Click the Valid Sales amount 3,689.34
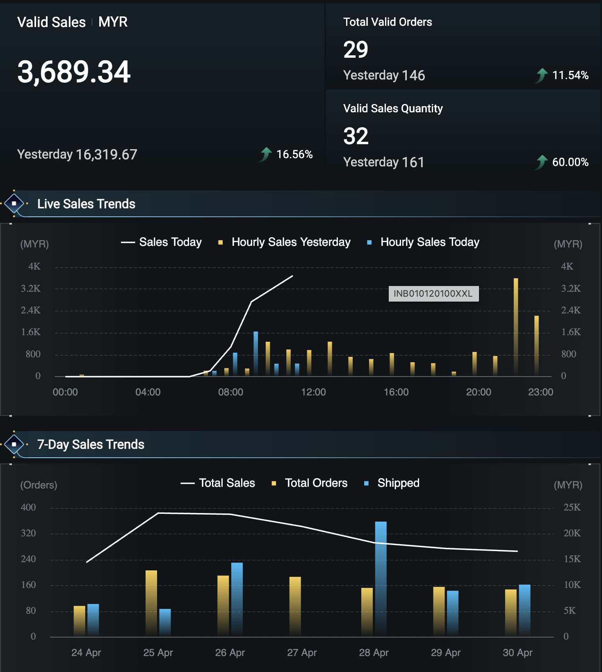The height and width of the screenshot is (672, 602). (x=74, y=72)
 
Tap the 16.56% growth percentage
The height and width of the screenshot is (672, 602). (x=294, y=154)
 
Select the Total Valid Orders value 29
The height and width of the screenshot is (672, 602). (x=356, y=50)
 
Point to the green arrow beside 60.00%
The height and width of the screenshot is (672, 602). (x=542, y=162)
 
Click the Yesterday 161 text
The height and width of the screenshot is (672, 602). (x=383, y=162)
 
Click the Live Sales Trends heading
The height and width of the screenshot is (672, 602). (x=86, y=204)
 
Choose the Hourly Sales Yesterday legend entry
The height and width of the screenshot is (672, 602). (x=285, y=242)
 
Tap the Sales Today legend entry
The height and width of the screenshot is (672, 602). (x=162, y=242)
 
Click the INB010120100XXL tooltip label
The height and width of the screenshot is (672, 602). (x=433, y=293)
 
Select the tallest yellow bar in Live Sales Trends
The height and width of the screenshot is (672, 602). (x=516, y=327)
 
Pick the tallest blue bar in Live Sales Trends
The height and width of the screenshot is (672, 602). (x=256, y=354)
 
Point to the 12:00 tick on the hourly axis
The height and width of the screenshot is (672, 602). (x=313, y=392)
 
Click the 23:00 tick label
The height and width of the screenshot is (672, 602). (x=540, y=392)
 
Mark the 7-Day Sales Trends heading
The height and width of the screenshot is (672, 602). (x=91, y=445)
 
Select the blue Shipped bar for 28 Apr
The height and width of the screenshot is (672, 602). (x=381, y=579)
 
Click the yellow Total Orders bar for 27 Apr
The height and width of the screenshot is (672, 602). (x=295, y=607)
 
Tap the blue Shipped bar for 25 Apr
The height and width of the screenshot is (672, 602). (x=165, y=623)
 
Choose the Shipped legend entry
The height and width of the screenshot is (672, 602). (x=392, y=483)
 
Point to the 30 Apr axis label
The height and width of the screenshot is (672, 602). (x=518, y=653)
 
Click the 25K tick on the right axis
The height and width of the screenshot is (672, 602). (x=572, y=507)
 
